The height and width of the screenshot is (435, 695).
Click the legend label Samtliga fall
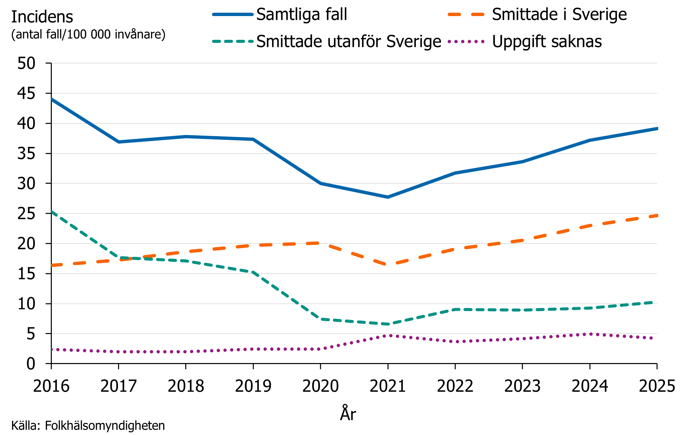pos(302,15)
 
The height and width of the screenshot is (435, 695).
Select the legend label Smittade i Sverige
pos(559,15)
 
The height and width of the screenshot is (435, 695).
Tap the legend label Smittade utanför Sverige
pos(349,42)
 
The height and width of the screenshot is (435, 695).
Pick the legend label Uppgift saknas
pos(547,42)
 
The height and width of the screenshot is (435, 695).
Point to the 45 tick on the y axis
pos(26,93)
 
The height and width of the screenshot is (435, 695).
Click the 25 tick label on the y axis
pos(26,213)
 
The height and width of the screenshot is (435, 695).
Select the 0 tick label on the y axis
pos(31,364)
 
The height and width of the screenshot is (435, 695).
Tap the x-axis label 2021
pos(388,386)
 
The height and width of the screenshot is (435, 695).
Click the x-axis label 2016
pos(51,386)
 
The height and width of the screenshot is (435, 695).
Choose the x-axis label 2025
pos(657,386)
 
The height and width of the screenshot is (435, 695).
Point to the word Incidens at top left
pos(42,17)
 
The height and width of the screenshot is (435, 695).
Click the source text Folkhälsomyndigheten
pos(105,426)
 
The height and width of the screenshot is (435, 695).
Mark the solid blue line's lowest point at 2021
pos(388,197)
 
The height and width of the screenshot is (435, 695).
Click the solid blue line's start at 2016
pos(52,99)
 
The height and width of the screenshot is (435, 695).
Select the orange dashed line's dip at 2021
pos(388,264)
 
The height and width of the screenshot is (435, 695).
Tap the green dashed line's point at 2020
pos(321,319)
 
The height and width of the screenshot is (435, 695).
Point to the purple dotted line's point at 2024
pos(590,334)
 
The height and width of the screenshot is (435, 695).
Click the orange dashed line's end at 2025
pos(657,215)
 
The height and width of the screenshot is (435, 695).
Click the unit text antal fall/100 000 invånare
pos(88,34)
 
